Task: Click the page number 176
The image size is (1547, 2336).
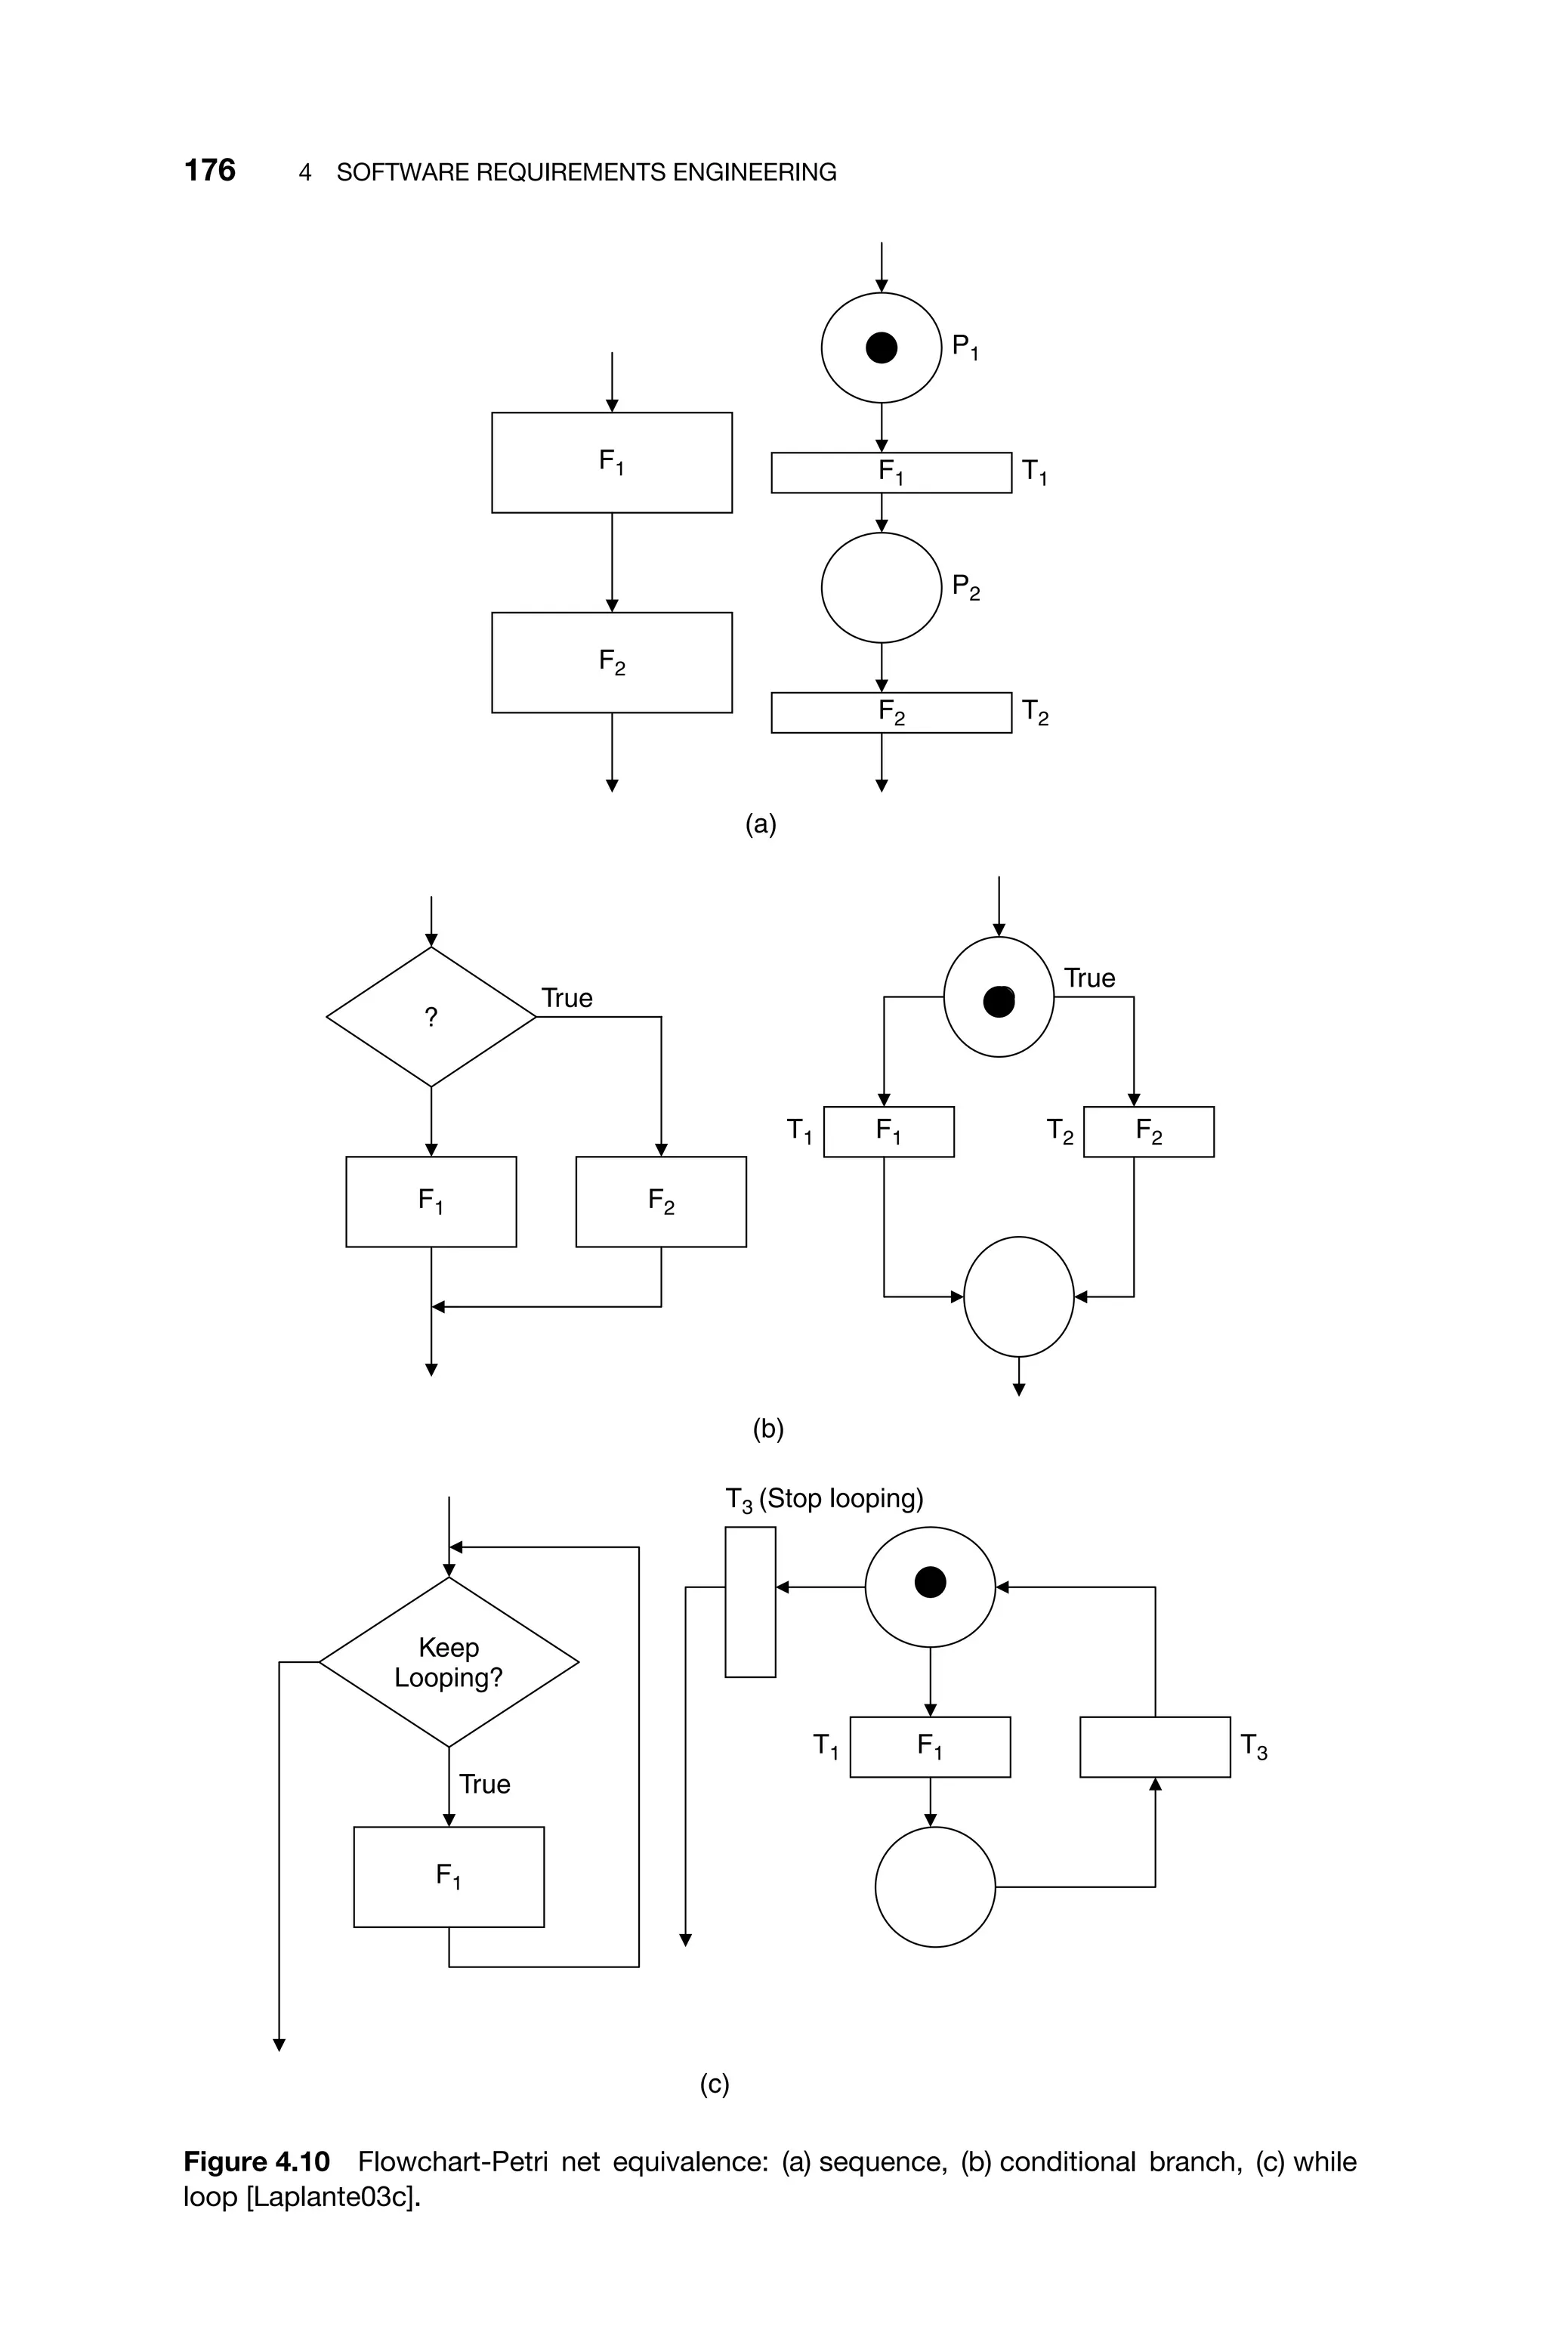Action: click(209, 171)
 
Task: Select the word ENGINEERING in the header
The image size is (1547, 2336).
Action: click(754, 173)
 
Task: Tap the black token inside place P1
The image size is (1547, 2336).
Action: click(881, 348)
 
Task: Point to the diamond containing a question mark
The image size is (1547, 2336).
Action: click(431, 1017)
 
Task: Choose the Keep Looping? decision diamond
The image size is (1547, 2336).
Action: click(449, 1662)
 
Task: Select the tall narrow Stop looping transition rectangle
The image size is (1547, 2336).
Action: click(750, 1602)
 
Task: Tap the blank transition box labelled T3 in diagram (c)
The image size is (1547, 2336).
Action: click(1154, 1747)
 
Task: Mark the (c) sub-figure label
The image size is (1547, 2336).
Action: click(715, 2084)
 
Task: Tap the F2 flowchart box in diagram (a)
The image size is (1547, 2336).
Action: click(612, 662)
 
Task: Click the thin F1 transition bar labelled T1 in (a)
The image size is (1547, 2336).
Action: click(891, 472)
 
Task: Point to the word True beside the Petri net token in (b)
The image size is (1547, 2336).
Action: click(1089, 978)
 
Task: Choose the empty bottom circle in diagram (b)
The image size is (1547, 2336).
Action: click(1018, 1296)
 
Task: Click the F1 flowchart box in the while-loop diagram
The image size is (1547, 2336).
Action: click(449, 1877)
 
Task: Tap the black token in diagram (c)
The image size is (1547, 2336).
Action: click(931, 1582)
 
